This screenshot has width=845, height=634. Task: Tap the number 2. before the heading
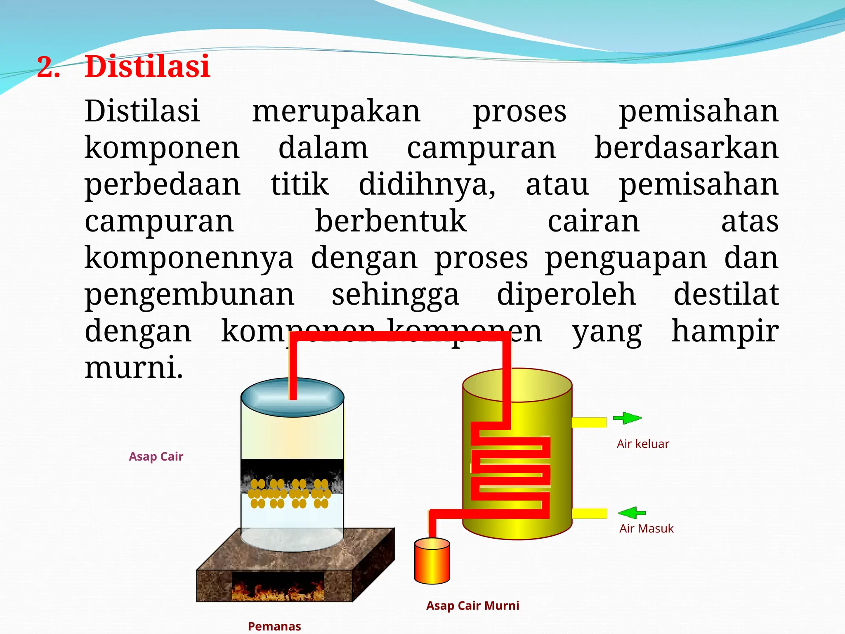pos(48,67)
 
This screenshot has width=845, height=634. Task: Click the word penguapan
pos(626,259)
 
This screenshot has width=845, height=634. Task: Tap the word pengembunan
pos(189,295)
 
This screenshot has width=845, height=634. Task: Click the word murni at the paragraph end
pos(133,367)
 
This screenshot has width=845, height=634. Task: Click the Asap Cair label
pos(156,457)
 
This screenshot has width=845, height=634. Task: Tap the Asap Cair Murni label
pos(472,606)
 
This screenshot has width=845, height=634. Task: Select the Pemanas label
pos(274,626)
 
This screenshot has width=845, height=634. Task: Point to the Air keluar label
pos(643,444)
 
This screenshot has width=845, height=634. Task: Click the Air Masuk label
pos(646,529)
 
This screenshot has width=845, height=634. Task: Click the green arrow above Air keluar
pos(627,418)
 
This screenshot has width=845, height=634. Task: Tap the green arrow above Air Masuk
pos(632,513)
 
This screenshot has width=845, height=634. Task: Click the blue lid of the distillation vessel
pos(293,397)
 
